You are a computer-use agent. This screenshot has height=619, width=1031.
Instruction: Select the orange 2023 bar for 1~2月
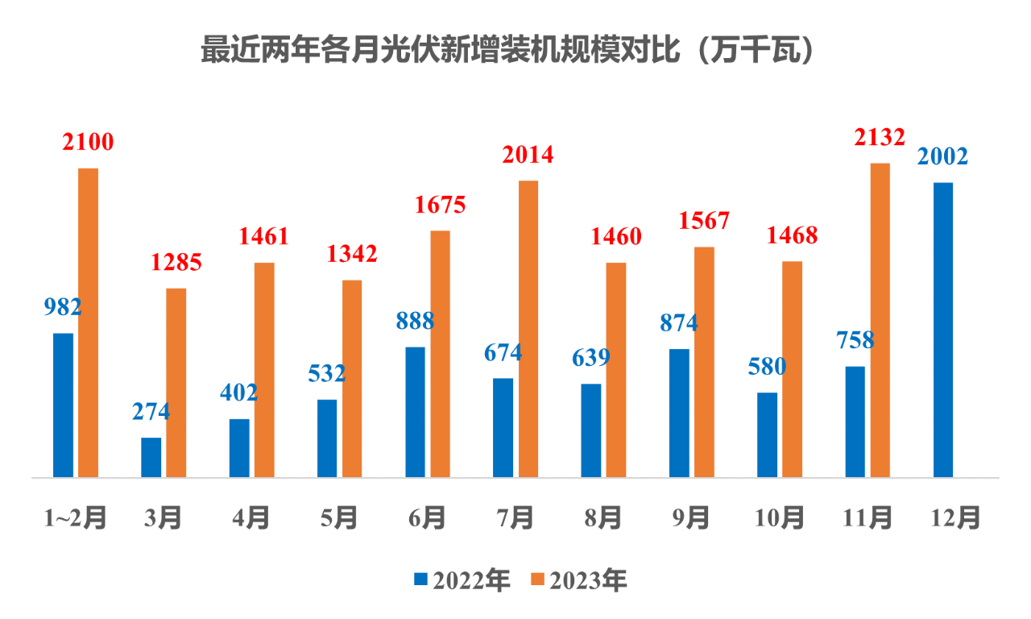point(88,322)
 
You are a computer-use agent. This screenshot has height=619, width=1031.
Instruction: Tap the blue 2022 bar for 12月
point(942,330)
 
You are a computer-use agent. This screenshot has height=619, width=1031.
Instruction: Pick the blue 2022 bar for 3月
point(151,457)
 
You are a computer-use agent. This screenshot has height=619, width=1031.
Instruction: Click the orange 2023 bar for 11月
point(880,320)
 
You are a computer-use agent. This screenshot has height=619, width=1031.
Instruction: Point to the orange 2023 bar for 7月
point(528,329)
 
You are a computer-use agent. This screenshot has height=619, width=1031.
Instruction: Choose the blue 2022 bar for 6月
point(415,412)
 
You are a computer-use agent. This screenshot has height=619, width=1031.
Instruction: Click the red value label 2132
point(879,138)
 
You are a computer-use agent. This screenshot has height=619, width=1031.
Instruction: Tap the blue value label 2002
point(942,156)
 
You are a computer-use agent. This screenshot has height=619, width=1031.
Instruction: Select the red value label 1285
point(176,262)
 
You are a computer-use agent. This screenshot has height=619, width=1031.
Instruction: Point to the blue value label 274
point(151,411)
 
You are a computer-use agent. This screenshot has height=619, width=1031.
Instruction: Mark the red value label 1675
point(440,205)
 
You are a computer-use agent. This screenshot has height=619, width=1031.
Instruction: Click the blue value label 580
point(767,367)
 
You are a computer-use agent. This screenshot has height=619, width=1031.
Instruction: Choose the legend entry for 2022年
point(462,580)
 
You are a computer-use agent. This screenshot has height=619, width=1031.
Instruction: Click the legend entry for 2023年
point(578,580)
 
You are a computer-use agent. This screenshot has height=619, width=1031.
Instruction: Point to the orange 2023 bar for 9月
point(704,362)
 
